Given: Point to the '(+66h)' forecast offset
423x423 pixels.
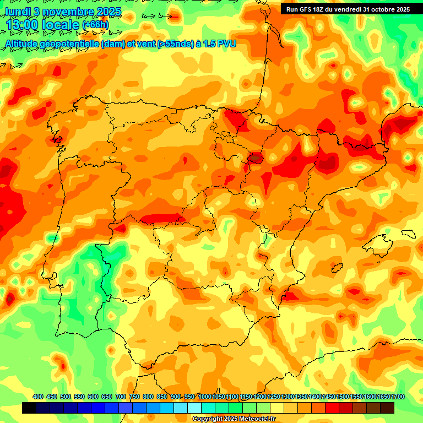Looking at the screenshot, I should [95, 25].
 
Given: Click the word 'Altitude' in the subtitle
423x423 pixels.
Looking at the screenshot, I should [24, 44].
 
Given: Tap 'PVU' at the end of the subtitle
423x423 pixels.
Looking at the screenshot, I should [227, 44].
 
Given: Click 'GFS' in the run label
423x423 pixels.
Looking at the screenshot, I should [308, 9].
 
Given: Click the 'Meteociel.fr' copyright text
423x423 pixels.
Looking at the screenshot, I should [264, 419].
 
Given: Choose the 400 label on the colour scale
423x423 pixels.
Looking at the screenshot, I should [38, 397].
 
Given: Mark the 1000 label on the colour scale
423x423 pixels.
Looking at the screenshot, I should [204, 397].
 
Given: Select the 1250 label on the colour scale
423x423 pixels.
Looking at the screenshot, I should [274, 397].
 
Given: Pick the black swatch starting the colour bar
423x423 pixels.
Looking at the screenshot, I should [29, 408].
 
